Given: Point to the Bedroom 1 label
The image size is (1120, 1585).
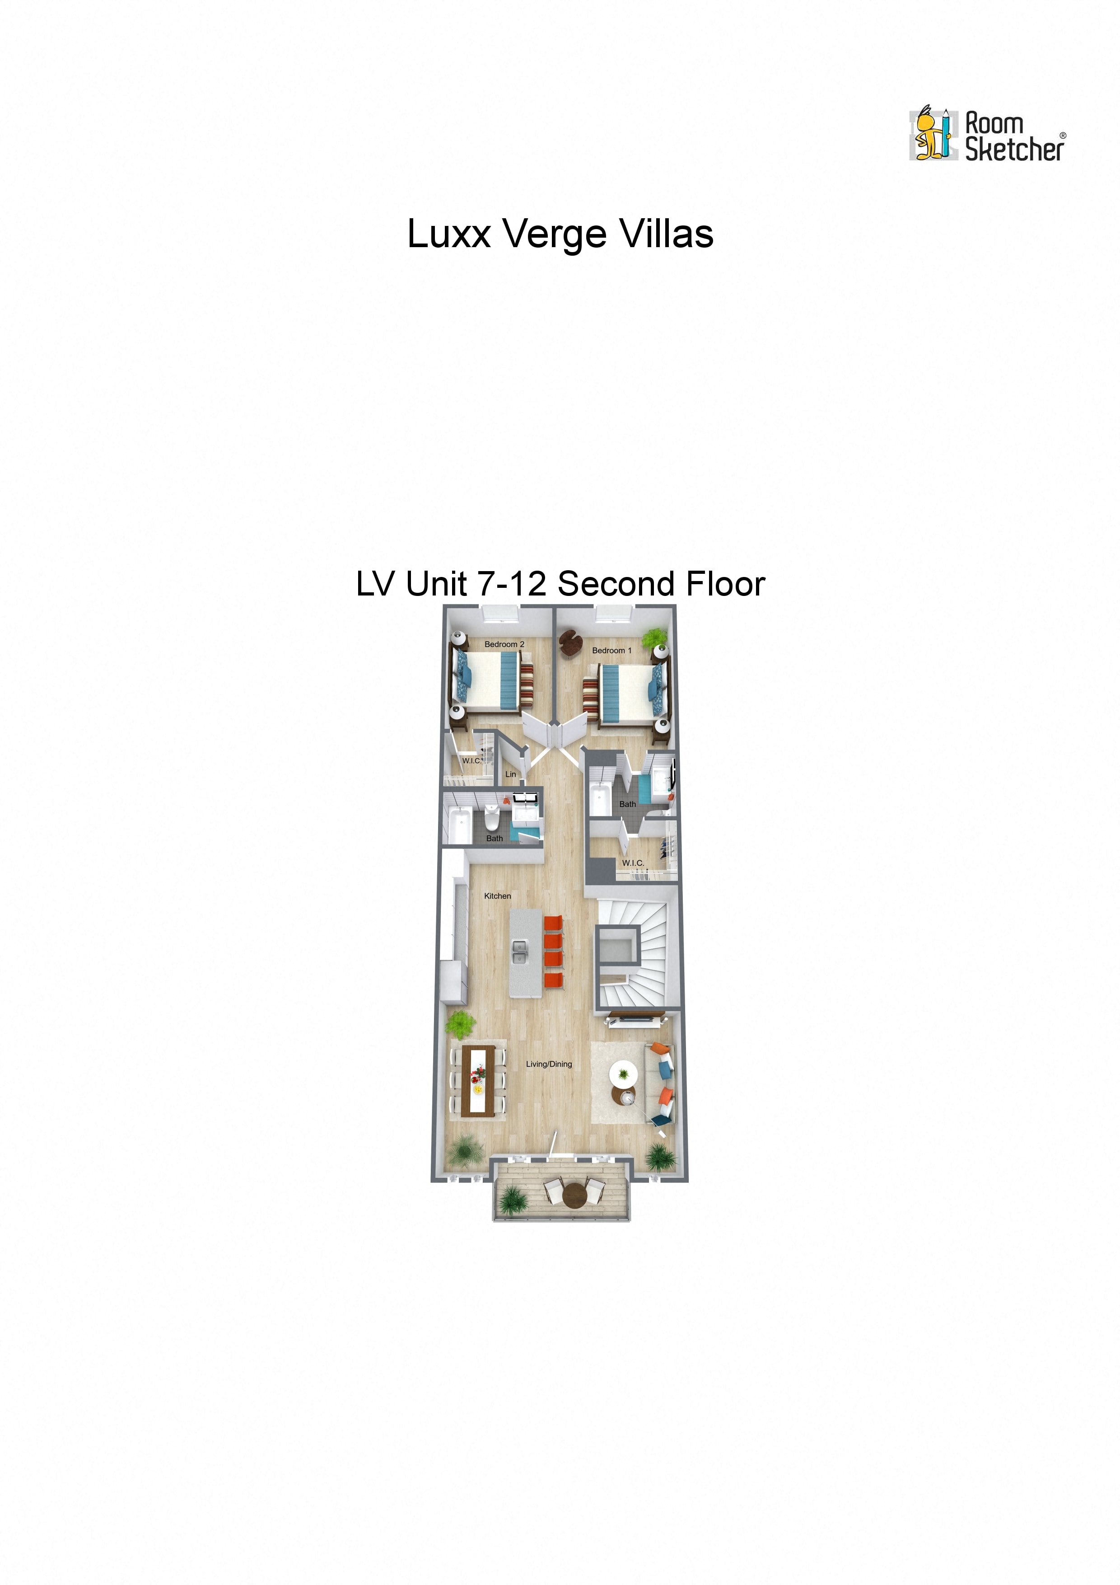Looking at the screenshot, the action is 611,650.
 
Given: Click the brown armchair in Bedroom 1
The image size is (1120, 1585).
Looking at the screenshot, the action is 570,643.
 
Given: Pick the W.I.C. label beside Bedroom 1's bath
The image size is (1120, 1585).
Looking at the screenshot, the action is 633,863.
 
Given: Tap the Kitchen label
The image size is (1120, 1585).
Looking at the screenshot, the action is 498,896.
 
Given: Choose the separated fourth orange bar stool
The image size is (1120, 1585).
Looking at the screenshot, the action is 553,980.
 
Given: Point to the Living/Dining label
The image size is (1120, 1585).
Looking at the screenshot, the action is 549,1064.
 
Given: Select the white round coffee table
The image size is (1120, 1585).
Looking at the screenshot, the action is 624,1074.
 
